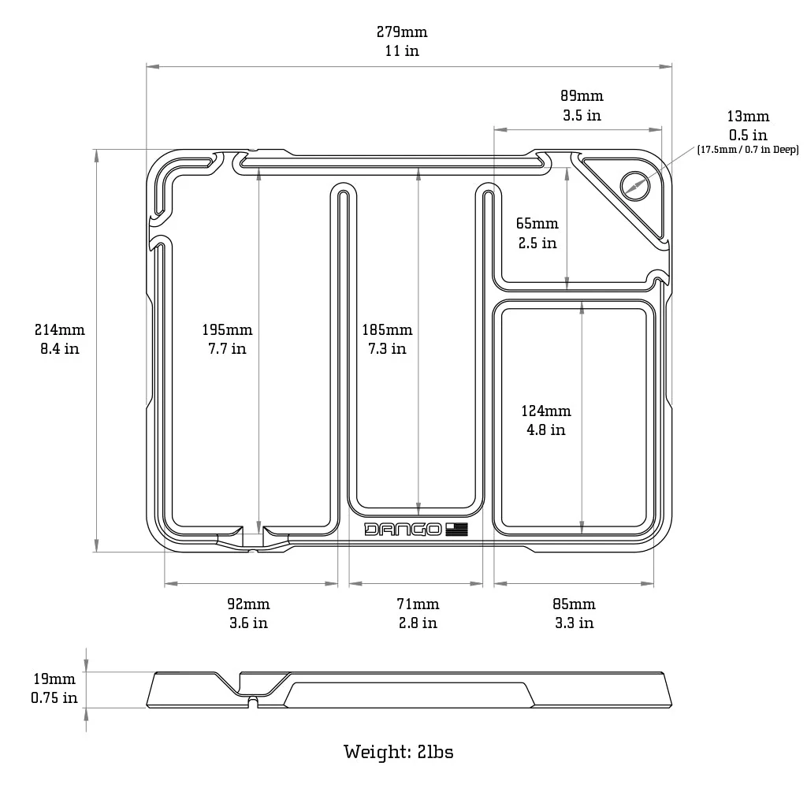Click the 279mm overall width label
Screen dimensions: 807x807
(402, 32)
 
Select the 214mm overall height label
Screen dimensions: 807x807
(60, 330)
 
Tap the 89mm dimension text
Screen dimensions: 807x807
(582, 96)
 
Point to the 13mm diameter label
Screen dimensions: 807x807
(748, 117)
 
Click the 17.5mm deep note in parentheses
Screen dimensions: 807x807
(748, 149)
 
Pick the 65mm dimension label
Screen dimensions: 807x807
(537, 224)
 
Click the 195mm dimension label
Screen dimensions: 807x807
(227, 330)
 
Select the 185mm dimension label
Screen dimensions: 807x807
(387, 330)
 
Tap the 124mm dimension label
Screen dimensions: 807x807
(546, 411)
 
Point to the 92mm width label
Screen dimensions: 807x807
(248, 604)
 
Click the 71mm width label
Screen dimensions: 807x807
(418, 604)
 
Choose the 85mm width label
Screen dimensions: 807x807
(574, 604)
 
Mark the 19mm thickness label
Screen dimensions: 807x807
(54, 679)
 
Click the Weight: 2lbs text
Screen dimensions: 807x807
(399, 751)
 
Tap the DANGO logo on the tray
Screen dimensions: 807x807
(403, 530)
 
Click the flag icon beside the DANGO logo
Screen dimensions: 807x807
(456, 530)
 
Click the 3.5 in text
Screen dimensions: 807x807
(582, 115)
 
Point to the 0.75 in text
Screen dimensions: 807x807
(54, 697)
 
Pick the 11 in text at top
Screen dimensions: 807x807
(402, 51)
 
